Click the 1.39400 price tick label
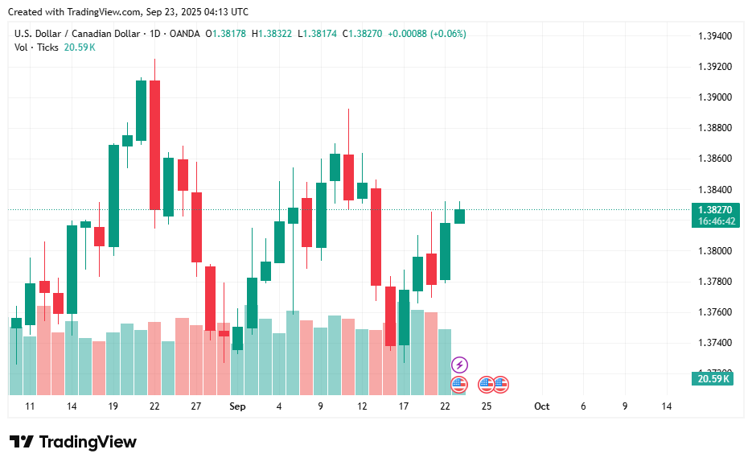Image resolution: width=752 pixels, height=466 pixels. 714,36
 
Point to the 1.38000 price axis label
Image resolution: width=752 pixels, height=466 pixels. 714,251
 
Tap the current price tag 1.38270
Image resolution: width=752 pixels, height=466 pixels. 714,209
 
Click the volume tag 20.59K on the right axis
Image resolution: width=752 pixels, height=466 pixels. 712,378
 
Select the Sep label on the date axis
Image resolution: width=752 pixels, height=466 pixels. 237,406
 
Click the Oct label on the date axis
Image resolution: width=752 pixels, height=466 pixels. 541,406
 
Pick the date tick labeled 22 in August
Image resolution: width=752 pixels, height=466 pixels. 154,406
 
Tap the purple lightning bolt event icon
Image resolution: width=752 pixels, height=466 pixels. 459,365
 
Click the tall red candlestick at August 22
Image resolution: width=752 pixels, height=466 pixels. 154,145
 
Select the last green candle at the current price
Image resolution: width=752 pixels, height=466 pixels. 459,216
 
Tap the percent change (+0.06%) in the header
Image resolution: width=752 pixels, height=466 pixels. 448,34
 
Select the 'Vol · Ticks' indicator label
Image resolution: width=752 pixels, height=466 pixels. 36,47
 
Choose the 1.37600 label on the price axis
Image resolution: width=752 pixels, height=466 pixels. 714,312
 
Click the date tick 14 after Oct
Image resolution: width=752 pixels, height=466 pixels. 666,406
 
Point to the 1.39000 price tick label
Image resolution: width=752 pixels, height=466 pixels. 714,97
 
